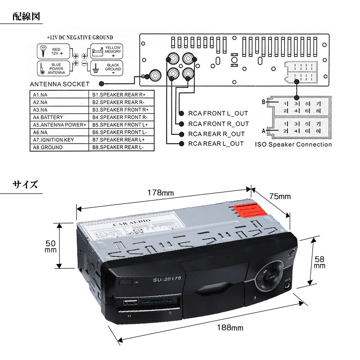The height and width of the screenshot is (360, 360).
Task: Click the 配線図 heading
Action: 27,17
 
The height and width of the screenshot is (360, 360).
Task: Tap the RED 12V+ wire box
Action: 54,51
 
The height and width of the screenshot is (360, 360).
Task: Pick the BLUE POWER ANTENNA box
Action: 54,67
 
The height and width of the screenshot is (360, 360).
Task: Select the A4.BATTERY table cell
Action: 46,117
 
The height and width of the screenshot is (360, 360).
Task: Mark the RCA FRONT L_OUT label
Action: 218,114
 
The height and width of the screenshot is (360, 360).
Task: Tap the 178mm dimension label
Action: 160,192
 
